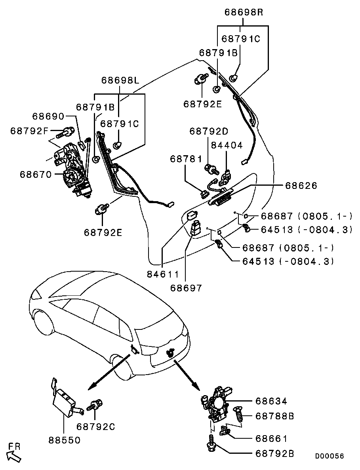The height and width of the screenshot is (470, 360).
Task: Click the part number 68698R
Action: (244, 12)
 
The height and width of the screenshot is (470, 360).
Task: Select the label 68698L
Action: (120, 80)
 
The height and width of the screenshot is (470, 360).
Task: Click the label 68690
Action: (48, 116)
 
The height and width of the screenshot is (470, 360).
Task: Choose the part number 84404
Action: (227, 145)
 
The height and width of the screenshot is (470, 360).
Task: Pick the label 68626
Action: (301, 185)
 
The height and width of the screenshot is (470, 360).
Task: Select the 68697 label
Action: (186, 288)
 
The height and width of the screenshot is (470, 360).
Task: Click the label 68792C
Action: (96, 427)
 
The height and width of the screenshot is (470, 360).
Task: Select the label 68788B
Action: (275, 416)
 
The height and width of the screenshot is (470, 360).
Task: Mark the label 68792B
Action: (275, 454)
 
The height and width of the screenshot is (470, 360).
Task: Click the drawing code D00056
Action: (330, 456)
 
